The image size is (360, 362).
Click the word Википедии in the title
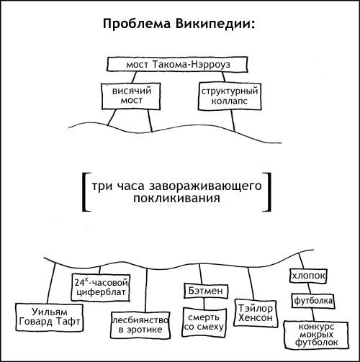pos(215,24)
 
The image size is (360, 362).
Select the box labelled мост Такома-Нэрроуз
pos(177,64)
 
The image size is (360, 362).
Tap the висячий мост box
pos(131,96)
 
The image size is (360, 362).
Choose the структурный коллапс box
pos(230,96)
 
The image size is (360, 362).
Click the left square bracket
pos(84,192)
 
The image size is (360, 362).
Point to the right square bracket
pos(269,192)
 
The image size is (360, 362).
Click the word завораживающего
pos(205,186)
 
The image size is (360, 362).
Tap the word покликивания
pos(176,199)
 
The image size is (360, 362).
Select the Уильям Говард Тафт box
pos(50,317)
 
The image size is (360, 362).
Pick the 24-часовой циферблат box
pos(101,288)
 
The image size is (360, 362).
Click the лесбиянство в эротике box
pos(140,325)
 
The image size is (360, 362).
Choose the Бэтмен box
pos(206,291)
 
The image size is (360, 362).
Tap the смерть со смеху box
pos(204,322)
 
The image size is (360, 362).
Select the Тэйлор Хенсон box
pos(256,313)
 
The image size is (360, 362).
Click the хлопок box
pos(308,276)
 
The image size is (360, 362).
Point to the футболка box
pos(313,301)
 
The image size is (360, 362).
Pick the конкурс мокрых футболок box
pos(316,335)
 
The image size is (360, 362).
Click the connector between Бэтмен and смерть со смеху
pos(204,304)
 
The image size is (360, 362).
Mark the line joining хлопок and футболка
pos(310,288)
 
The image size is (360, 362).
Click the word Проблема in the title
pos(137,24)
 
